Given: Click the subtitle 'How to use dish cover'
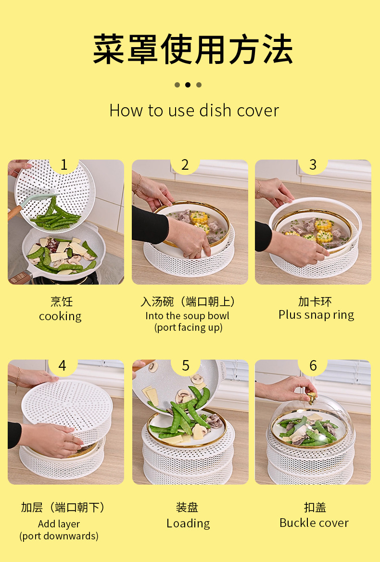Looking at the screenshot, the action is coord(194,111).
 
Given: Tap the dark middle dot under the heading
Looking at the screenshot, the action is coord(188,85).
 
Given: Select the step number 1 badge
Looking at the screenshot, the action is coord(64,165).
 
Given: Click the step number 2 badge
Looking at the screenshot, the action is coord(185,165).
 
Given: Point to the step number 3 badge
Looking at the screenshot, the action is coord(313,165).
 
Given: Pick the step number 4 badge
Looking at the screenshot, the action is coord(63,365).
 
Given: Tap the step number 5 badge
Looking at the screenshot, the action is coord(185,365).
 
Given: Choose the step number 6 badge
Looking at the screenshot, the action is coord(313,365).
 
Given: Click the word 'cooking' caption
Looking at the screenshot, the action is coord(60,316).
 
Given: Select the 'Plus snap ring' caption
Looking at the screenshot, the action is coord(316,315).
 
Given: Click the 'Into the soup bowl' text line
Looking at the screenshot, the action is coord(187,316).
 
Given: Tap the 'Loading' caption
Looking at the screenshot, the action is coord(188,523).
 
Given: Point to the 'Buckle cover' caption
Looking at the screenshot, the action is coord(314,523).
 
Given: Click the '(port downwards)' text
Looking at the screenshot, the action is coord(59,536).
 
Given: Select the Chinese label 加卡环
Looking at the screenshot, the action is coord(315,301).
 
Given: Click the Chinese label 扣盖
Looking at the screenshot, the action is coord(315,507).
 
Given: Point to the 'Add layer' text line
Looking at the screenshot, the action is coord(59,524).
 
